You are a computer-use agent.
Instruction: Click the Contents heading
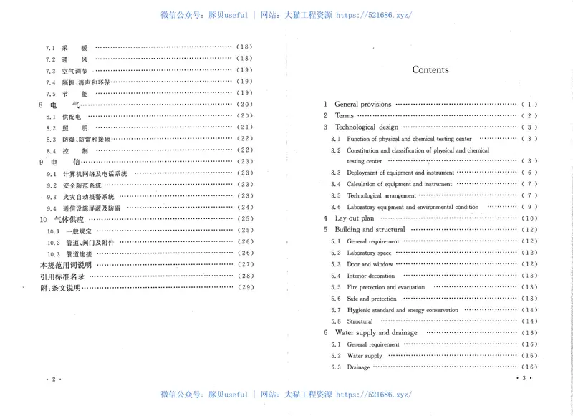[430, 70]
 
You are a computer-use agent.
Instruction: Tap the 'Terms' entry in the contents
[344, 116]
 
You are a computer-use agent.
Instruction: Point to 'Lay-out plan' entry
[354, 218]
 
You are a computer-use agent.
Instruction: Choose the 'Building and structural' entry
[370, 230]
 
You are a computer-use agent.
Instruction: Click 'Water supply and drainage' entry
[376, 333]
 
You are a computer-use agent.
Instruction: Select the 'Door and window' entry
[370, 264]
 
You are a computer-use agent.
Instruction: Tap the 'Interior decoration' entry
[370, 276]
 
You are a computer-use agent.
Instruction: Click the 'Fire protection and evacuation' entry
[385, 287]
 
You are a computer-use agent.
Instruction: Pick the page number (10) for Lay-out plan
[530, 218]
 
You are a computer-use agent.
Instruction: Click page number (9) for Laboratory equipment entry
[530, 207]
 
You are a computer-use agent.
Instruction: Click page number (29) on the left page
[245, 288]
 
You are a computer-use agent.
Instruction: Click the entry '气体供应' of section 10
[70, 219]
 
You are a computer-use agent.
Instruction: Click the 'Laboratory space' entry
[369, 253]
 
